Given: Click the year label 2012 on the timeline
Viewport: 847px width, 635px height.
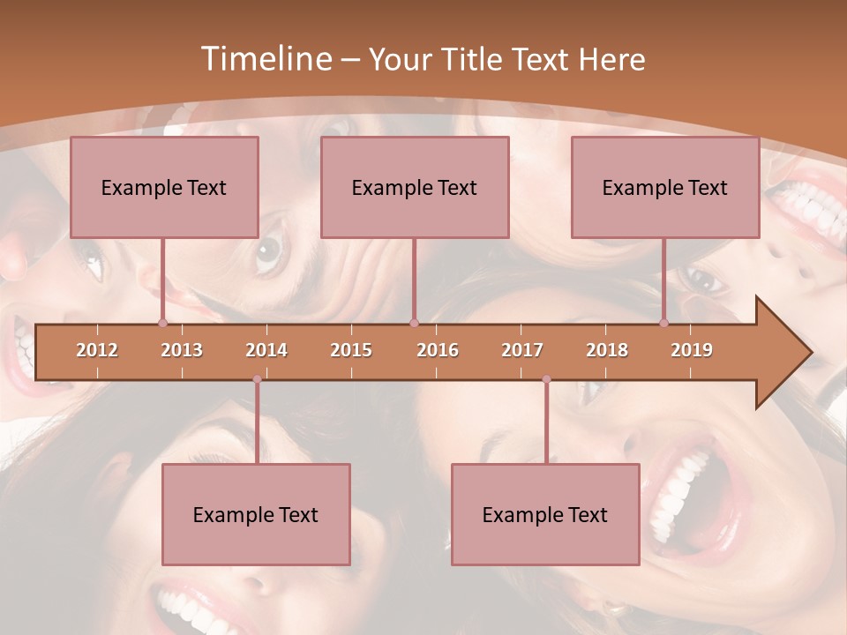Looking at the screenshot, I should coord(97,350).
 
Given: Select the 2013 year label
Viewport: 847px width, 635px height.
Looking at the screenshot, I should coord(182,350).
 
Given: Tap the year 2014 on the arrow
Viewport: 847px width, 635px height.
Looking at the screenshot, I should coord(266,350).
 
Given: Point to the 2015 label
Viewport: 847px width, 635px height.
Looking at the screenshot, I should coord(351,350).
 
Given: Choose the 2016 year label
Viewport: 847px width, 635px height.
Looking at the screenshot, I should coord(438,350).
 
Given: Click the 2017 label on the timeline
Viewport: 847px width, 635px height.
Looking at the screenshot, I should coord(522,350).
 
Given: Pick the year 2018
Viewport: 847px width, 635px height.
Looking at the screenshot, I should coord(607,350).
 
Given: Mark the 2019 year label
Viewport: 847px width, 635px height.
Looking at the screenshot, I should coord(692,350).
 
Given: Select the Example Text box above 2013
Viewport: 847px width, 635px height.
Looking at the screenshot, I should coord(164,187).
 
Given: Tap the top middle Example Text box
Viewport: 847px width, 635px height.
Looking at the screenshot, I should coord(415,187).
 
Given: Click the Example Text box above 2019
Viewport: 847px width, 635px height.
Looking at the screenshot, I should coord(665,187).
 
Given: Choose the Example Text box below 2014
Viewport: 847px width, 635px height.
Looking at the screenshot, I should coord(256,514).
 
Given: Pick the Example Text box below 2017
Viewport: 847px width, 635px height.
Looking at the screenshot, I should coord(545,514).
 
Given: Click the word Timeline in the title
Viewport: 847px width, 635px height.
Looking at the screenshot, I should coord(264,59).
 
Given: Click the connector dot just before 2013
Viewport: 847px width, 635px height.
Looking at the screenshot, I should coord(163,323).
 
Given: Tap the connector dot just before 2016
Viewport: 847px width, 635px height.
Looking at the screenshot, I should coord(414,323).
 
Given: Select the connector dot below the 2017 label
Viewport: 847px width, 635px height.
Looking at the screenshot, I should coord(546,379).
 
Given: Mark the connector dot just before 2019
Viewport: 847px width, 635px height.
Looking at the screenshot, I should coord(664,323).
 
